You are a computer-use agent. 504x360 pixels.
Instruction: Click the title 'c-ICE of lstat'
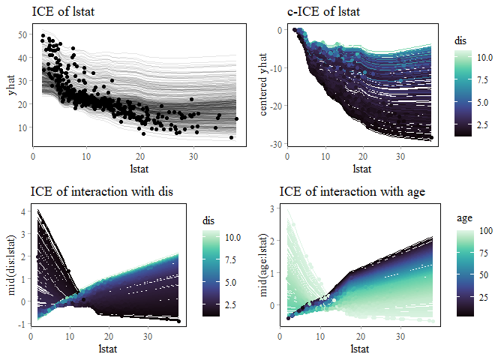click(324, 12)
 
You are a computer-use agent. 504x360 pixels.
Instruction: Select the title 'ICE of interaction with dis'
click(102, 192)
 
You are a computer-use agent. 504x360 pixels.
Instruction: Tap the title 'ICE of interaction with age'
click(352, 192)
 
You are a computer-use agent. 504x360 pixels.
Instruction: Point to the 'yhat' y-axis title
click(13, 86)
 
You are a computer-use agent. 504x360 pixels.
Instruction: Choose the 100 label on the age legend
click(487, 232)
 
